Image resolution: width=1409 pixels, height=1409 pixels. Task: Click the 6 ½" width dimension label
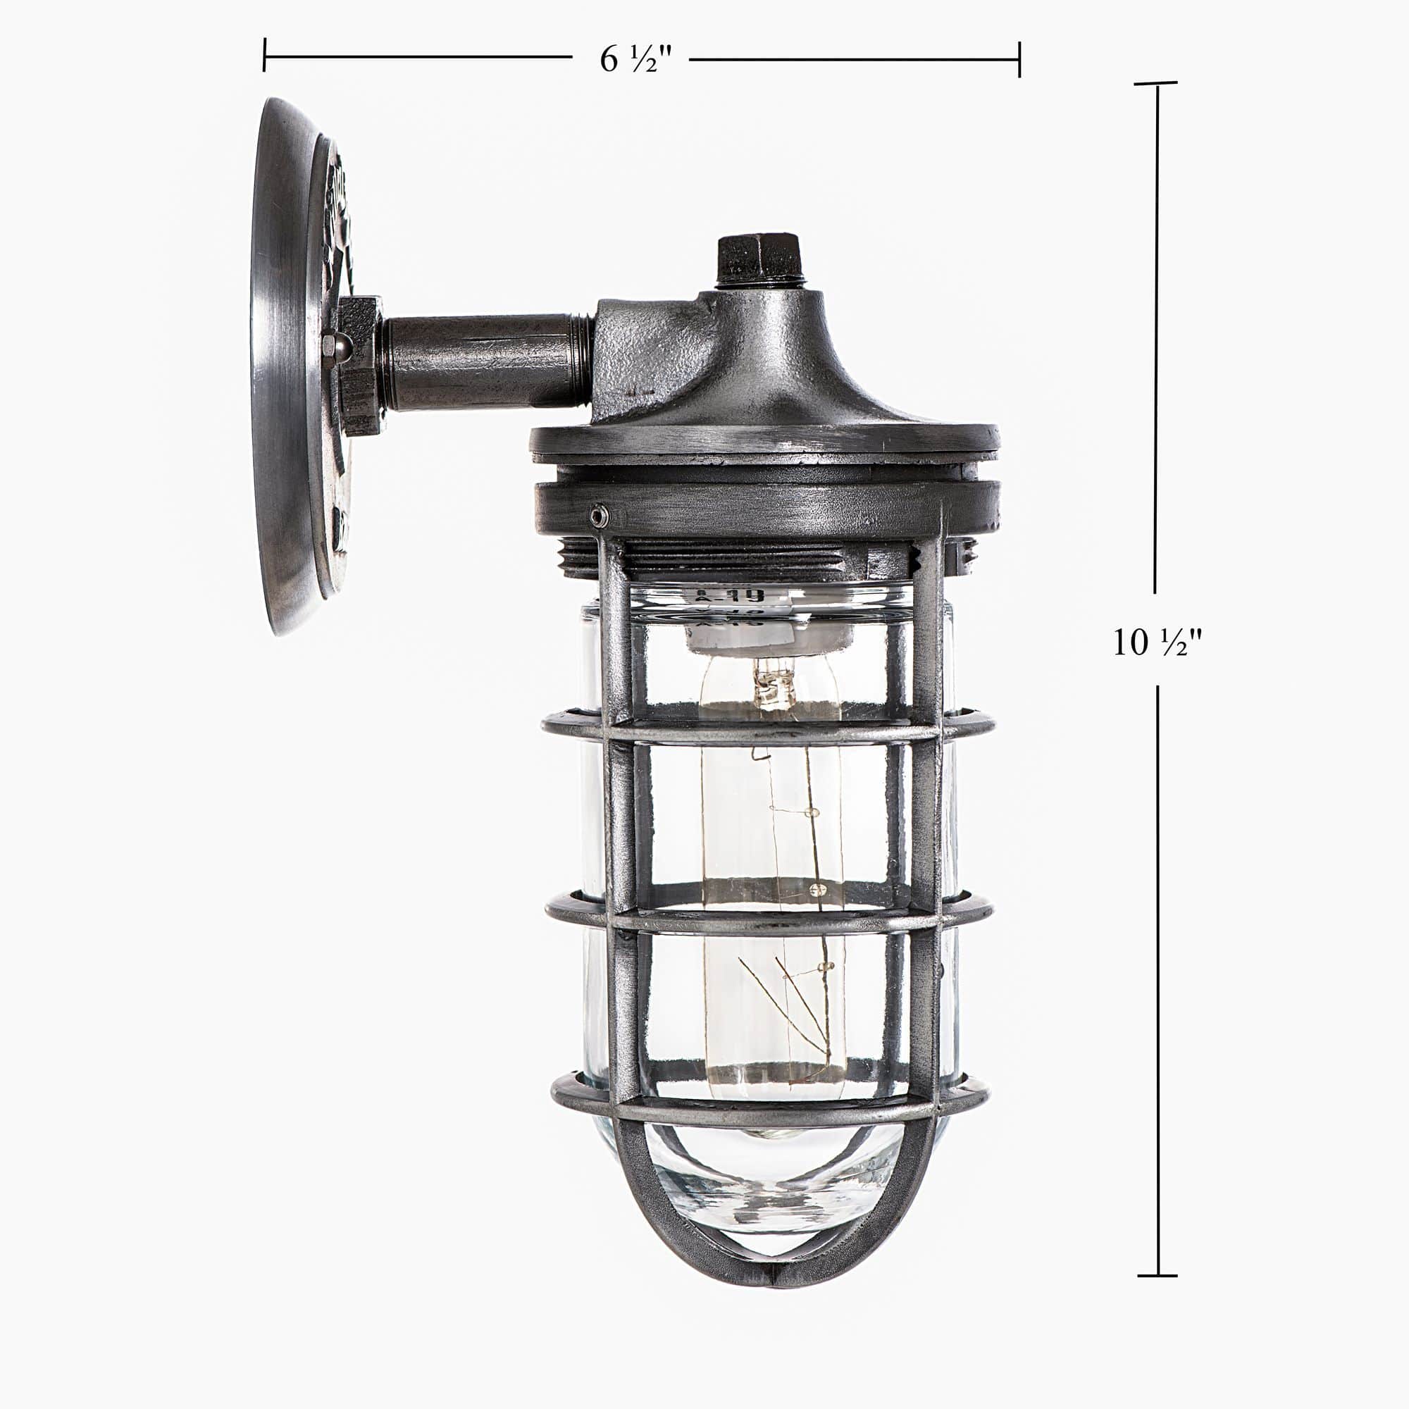click(x=631, y=59)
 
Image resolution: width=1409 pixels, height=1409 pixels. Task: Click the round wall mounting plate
click(x=288, y=365)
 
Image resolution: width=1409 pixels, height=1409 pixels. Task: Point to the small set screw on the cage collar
click(x=599, y=516)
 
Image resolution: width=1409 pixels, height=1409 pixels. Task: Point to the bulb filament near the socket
click(x=769, y=685)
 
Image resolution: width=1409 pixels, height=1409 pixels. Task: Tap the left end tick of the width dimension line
click(x=264, y=56)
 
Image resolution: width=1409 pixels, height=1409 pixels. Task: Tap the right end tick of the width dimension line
click(x=1019, y=59)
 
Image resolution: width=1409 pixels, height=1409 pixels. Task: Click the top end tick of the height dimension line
click(x=1156, y=83)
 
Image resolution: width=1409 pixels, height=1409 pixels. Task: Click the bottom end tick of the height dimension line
click(x=1157, y=1276)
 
